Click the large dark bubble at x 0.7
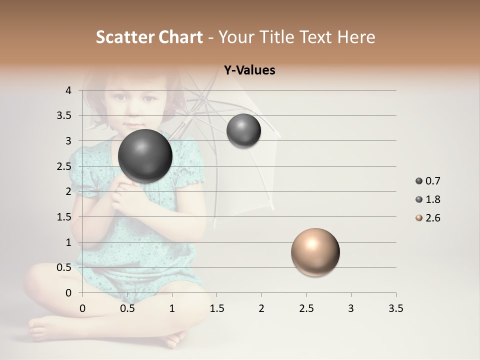click(x=145, y=156)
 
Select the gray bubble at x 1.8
click(x=243, y=131)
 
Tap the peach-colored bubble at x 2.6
click(x=315, y=252)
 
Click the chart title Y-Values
click(x=249, y=70)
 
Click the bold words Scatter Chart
click(x=149, y=37)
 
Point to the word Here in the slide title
click(x=356, y=37)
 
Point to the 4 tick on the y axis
click(x=68, y=90)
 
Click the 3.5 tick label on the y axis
click(x=65, y=115)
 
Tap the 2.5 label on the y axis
click(x=65, y=166)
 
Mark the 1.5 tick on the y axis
click(x=65, y=216)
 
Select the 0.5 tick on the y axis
click(x=65, y=267)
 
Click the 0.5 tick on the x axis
click(x=127, y=308)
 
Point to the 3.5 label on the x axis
click(x=395, y=308)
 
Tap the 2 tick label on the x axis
click(x=261, y=308)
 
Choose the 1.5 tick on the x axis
click(x=216, y=308)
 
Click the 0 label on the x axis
click(x=83, y=308)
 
